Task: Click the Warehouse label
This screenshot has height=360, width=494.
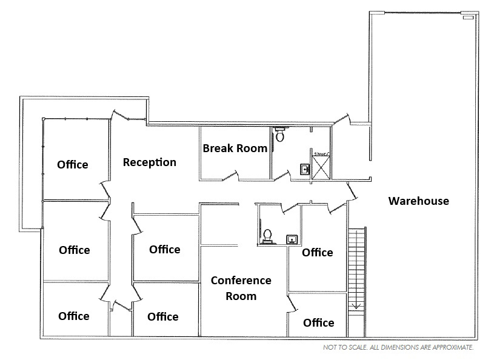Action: pos(419,201)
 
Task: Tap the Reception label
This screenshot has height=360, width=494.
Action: pos(150,162)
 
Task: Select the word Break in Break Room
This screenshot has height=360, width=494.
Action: pos(216,148)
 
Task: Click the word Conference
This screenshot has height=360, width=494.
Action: pos(241,281)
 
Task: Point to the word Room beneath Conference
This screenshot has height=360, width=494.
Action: pos(241,296)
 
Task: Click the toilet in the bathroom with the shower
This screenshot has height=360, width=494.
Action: pos(279,135)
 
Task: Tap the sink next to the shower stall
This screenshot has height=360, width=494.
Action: pos(304,169)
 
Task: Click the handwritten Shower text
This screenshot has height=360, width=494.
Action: pos(321,154)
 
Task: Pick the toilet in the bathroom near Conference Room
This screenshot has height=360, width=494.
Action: pos(267,235)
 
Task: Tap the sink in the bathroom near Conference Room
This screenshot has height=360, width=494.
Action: pos(292,239)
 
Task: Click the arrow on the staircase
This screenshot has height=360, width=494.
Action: pos(358,306)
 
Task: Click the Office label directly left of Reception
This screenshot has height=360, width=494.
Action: pos(73,164)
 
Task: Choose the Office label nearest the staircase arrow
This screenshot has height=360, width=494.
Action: pos(318,322)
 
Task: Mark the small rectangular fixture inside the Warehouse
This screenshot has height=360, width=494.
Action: pos(467,18)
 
